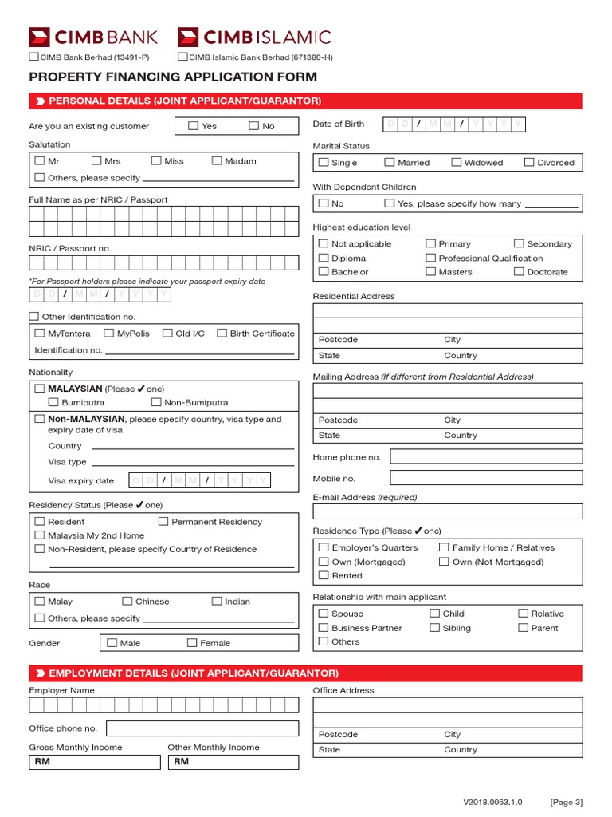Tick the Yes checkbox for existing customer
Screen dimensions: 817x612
tap(194, 126)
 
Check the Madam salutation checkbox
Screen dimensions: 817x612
tap(217, 160)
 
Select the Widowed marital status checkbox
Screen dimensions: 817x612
tap(457, 162)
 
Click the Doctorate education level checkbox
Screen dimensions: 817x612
tap(519, 271)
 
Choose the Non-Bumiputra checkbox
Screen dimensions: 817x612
tap(156, 402)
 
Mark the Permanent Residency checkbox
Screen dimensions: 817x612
tap(163, 521)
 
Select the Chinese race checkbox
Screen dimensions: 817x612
tap(127, 601)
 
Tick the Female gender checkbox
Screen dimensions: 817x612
tap(192, 642)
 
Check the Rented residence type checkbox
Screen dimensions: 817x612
tap(324, 575)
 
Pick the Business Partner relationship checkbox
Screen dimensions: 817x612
tap(324, 628)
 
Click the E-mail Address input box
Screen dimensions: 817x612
tap(447, 511)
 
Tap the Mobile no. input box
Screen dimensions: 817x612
tap(486, 478)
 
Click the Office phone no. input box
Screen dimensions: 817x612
tap(202, 728)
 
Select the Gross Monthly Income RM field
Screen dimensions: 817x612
tap(95, 762)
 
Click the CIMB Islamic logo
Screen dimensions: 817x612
tap(254, 37)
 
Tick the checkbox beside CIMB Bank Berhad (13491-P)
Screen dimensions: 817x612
tap(33, 57)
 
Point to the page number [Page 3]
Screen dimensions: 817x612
tap(567, 802)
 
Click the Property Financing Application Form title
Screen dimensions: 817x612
tap(173, 77)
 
